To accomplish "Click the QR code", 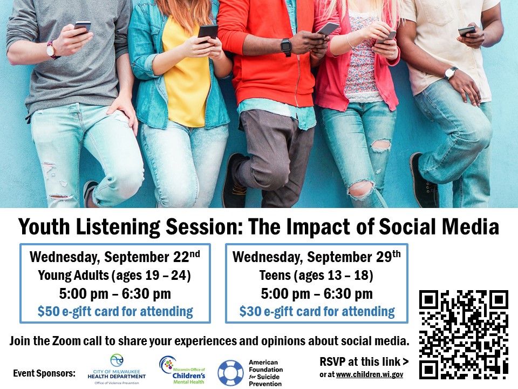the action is (464, 334).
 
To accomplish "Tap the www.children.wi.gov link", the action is (369, 374).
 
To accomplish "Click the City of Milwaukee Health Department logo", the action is (117, 369).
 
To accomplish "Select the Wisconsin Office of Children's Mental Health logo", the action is (182, 370).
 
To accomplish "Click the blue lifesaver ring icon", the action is (230, 373).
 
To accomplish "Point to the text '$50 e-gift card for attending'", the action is (115, 311).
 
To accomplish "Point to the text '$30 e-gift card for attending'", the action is (317, 311).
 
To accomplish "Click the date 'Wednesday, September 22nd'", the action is (115, 257).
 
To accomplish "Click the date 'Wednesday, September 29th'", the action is (317, 257).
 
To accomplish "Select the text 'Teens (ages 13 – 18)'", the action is (316, 275).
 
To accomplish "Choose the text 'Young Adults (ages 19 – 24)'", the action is (114, 275).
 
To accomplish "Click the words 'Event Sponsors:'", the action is (44, 373).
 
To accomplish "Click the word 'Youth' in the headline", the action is (44, 226).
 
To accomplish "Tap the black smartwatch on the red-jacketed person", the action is (286, 46).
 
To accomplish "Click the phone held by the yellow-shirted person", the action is (208, 32).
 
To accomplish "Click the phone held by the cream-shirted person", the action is (467, 31).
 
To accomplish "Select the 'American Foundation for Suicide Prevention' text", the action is (265, 373).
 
